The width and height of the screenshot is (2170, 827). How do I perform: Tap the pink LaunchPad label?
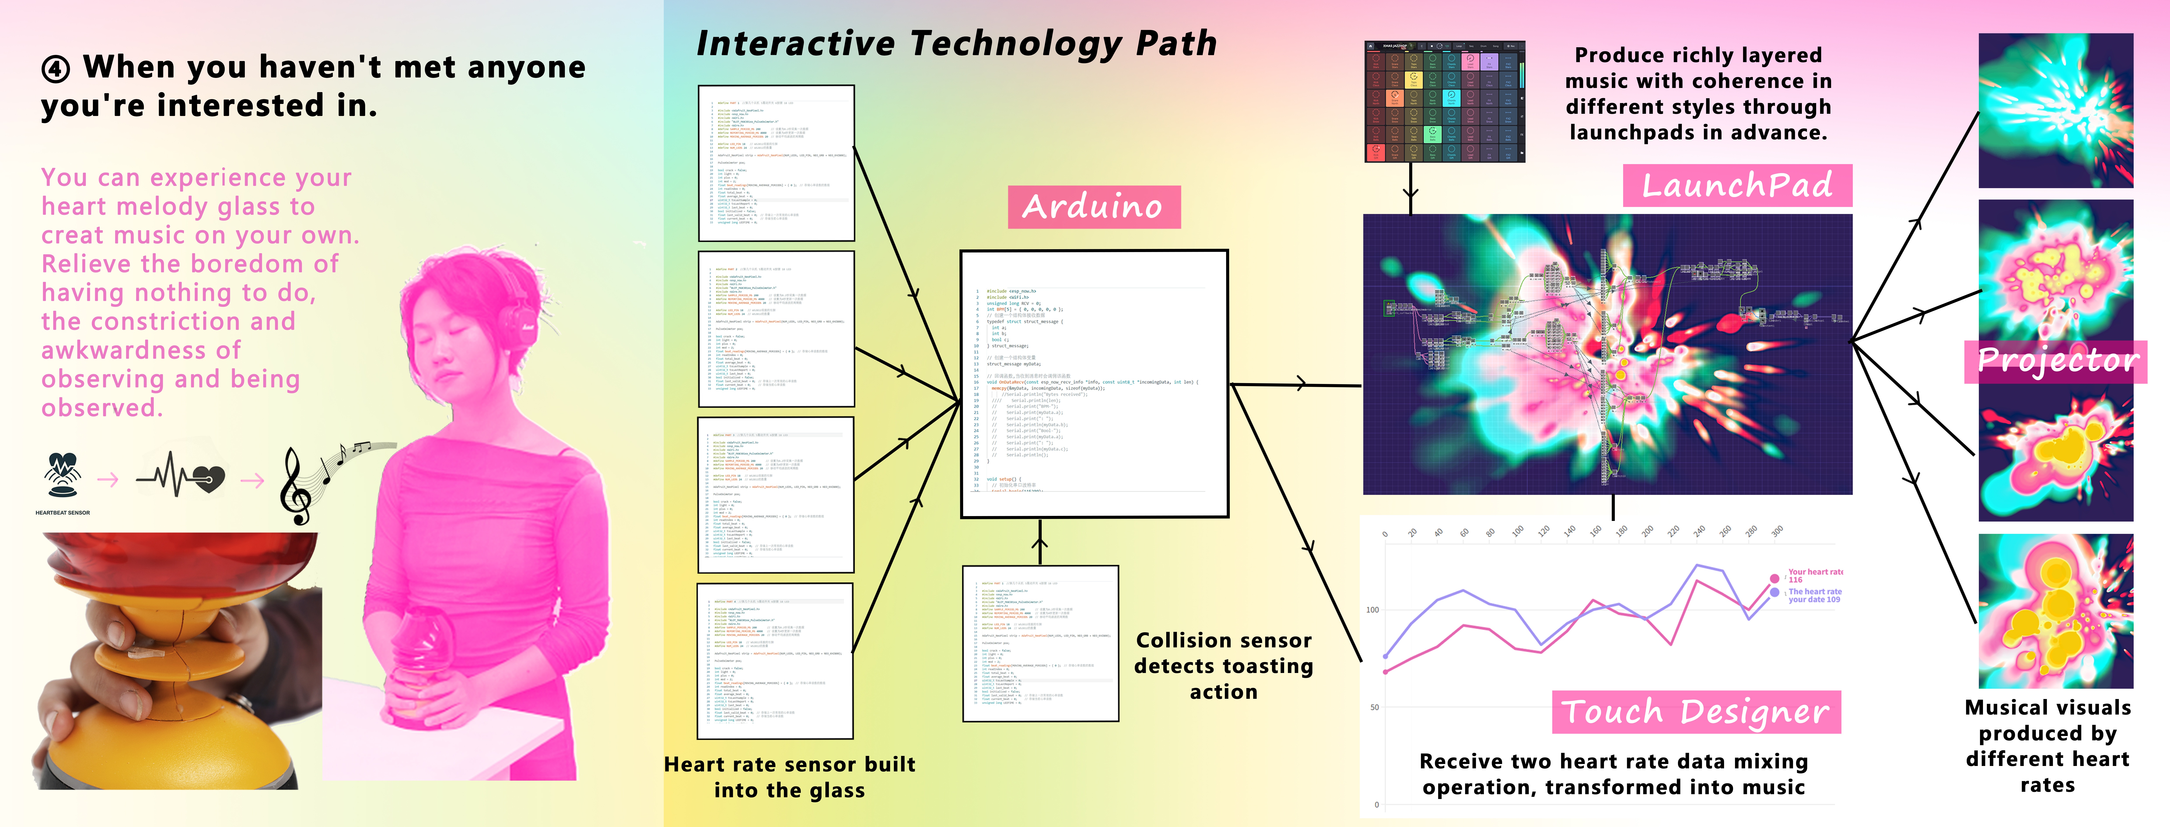(x=1737, y=185)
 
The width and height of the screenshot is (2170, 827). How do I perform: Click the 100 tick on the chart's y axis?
(x=1372, y=610)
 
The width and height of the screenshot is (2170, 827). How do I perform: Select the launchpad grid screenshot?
(x=1444, y=101)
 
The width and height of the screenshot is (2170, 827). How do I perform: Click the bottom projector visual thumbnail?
(x=2055, y=611)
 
